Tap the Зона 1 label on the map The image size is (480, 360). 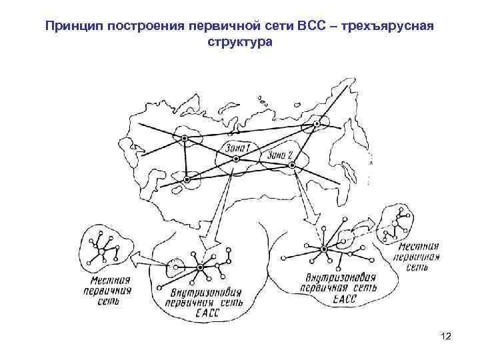pos(237,147)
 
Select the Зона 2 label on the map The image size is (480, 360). pos(281,155)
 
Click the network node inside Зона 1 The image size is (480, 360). pos(241,159)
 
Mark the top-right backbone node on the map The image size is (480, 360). pos(318,124)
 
